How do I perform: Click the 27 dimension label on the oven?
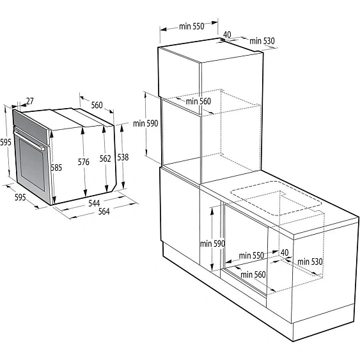point(30,100)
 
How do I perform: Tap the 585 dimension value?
point(57,168)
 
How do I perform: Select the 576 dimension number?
point(83,162)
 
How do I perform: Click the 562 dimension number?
point(106,159)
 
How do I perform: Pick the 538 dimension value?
point(123,157)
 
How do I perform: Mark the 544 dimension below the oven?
point(94,203)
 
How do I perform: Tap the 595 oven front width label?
point(20,198)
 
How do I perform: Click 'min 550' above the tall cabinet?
point(191,26)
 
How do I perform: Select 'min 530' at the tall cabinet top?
point(262,41)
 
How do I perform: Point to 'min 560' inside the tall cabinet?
point(198,101)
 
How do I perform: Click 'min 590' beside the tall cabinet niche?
point(145,124)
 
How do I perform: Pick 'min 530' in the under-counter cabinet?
point(308,262)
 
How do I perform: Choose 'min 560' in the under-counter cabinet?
point(253,275)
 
